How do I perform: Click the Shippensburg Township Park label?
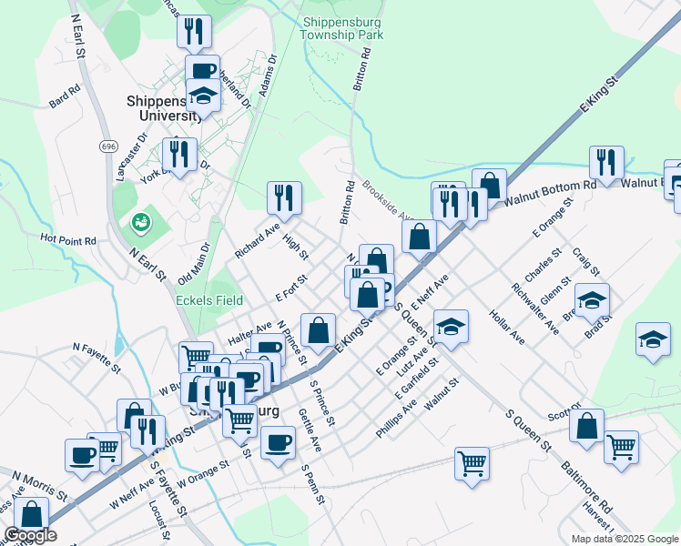point(342,28)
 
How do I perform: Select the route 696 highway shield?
point(109,147)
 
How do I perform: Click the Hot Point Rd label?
point(68,240)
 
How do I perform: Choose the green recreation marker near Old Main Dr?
point(140,221)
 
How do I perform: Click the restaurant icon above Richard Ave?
point(284,197)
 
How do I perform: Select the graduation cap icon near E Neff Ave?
point(451,327)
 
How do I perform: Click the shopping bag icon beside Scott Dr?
point(587,425)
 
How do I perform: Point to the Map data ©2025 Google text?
point(624,539)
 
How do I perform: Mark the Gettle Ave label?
point(310,430)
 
